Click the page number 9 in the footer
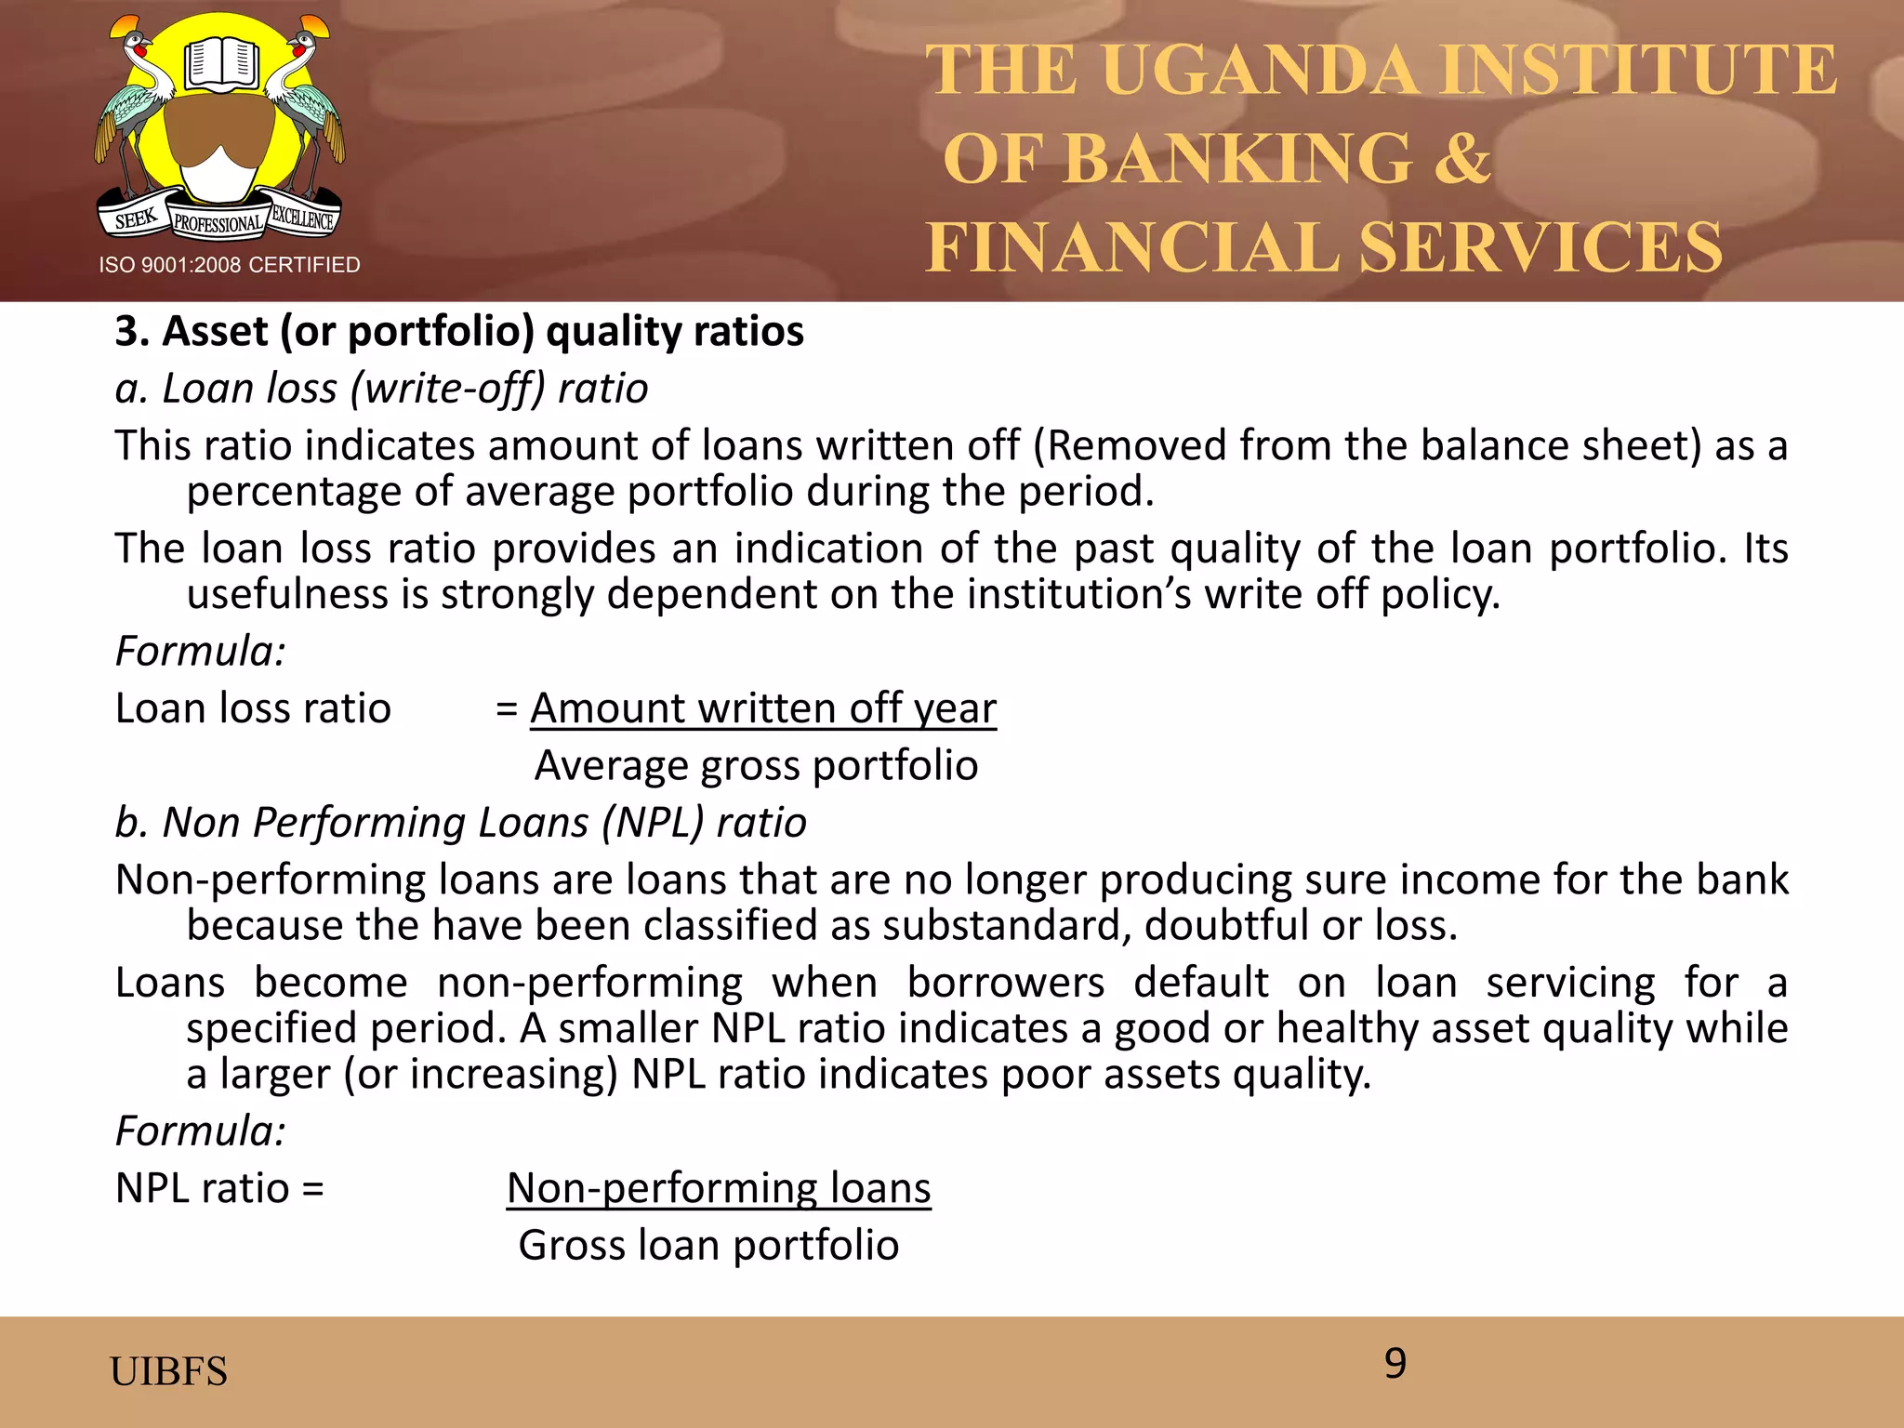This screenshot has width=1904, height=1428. [x=1395, y=1364]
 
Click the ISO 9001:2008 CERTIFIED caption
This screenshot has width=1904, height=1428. [x=230, y=265]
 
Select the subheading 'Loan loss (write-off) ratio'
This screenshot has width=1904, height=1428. [x=381, y=389]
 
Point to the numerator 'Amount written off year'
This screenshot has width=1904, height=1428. [x=762, y=708]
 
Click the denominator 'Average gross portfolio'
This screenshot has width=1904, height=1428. [x=756, y=766]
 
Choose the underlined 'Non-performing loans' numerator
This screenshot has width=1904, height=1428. [x=719, y=1188]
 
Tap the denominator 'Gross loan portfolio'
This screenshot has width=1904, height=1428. [x=708, y=1246]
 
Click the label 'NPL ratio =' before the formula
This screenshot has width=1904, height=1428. [x=219, y=1188]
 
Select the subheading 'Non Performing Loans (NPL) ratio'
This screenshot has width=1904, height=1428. [x=460, y=823]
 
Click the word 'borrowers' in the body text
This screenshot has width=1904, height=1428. [x=1005, y=983]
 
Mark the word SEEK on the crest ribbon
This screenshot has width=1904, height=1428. [x=136, y=219]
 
